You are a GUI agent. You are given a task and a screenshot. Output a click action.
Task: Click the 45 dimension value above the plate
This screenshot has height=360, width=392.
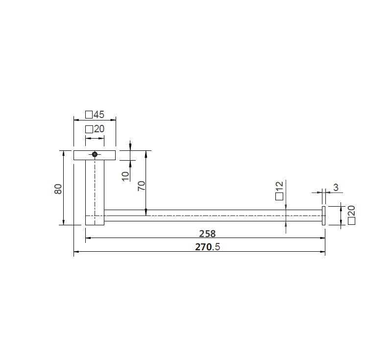[x=99, y=115]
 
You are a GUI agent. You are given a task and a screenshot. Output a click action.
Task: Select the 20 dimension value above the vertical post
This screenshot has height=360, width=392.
[x=99, y=129]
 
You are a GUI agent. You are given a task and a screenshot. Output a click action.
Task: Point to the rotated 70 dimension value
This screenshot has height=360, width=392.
[x=141, y=186]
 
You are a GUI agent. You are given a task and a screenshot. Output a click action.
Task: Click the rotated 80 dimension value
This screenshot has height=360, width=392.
[x=58, y=189]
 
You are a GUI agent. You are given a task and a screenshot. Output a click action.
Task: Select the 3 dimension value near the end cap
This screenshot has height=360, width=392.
[x=336, y=187]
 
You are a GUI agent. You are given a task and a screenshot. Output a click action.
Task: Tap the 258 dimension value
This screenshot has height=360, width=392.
[x=207, y=234]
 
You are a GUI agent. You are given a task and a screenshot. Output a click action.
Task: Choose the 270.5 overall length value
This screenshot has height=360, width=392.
[x=208, y=247]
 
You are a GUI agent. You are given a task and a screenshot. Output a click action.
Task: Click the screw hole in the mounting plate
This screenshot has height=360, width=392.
[x=95, y=155]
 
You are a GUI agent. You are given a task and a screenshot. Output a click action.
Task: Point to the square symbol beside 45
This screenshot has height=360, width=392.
[x=88, y=115]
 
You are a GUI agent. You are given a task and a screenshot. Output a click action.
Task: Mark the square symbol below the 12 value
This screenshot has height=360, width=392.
[x=279, y=196]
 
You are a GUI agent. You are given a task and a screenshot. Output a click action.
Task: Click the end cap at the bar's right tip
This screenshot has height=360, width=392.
[x=323, y=216]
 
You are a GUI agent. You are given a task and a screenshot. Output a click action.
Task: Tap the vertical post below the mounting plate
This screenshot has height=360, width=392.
[x=95, y=186]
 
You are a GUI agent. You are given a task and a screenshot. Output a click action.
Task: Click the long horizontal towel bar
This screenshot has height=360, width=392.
[x=211, y=215]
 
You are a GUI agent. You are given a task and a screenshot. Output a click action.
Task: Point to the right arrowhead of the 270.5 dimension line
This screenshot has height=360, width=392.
[x=323, y=252]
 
